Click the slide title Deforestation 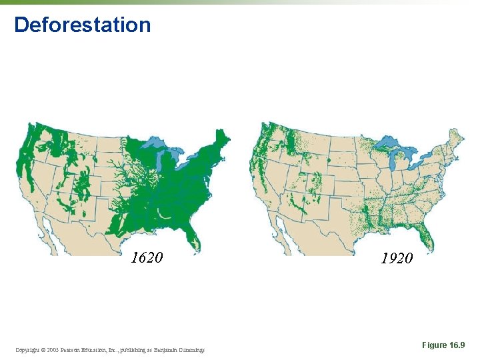[82, 25]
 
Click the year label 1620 [147, 257]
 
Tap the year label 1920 [397, 258]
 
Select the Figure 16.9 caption [443, 345]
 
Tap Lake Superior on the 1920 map [391, 143]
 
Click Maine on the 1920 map [457, 137]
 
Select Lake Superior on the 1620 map [155, 143]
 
